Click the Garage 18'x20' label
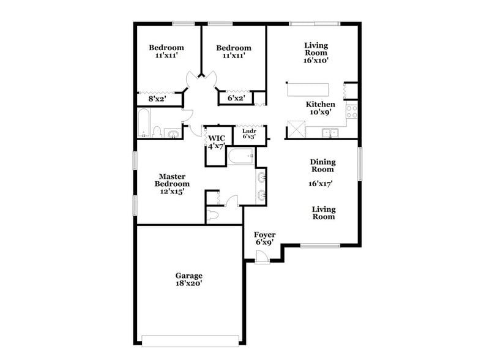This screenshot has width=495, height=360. [188, 280]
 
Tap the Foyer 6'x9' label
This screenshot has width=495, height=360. [265, 239]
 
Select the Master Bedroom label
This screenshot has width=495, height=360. [172, 184]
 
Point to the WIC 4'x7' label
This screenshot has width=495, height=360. [216, 142]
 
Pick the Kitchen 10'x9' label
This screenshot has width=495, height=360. [320, 108]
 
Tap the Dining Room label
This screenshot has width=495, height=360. [322, 165]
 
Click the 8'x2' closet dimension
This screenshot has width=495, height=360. [157, 97]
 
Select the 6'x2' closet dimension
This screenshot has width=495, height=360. [237, 97]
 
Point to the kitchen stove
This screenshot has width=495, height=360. [352, 111]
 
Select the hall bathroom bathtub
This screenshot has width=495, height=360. [144, 123]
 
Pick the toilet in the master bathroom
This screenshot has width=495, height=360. [213, 215]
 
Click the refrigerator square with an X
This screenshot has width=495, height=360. [297, 129]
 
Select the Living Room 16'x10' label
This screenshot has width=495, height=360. [316, 53]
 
